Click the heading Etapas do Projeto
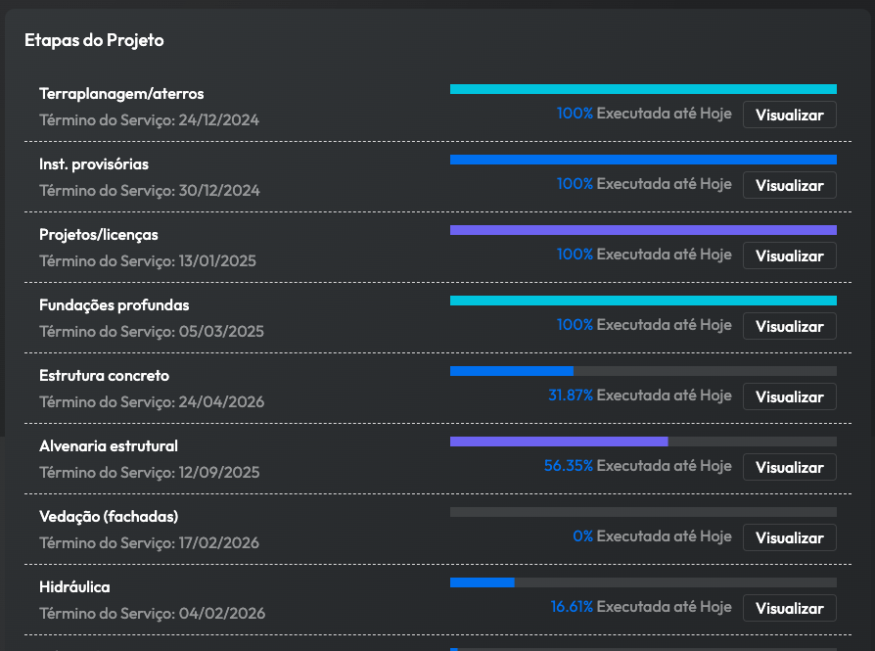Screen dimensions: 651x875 (94, 40)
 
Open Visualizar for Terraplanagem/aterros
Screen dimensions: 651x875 (789, 115)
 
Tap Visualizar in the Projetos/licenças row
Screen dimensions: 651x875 (789, 256)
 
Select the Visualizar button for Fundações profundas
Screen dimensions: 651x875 (789, 326)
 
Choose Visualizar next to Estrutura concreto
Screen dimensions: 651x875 (789, 396)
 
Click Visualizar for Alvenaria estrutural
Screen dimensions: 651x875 (789, 467)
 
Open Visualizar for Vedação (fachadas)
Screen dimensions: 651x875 (789, 537)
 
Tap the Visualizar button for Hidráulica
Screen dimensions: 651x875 (789, 608)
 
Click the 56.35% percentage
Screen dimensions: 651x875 (569, 466)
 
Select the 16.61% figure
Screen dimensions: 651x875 (572, 607)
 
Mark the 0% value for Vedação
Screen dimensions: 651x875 (583, 536)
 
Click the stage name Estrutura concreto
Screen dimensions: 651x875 (104, 376)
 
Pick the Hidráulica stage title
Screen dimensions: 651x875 (74, 587)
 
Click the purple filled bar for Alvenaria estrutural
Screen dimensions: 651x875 (559, 442)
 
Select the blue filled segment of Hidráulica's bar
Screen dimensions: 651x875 (482, 582)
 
